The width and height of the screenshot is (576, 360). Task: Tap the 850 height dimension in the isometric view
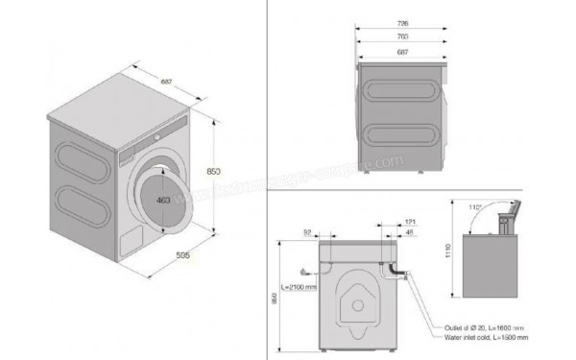pyautogui.click(x=214, y=171)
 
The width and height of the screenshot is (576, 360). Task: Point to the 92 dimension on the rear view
pyautogui.click(x=306, y=231)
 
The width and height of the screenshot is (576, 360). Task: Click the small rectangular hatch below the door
pyautogui.click(x=130, y=236)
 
